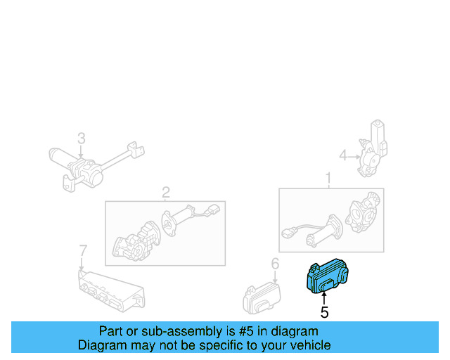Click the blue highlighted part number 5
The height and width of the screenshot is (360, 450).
tap(326, 277)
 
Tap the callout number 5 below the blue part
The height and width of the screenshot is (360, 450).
tap(324, 312)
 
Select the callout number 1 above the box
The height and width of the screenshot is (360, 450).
tap(328, 179)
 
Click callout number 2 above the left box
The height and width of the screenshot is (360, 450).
tap(166, 192)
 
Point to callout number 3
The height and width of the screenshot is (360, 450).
tap(81, 138)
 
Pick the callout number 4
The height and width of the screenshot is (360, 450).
tap(343, 155)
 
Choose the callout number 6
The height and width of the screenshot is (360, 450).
tap(275, 264)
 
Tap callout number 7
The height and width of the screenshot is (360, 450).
tap(82, 250)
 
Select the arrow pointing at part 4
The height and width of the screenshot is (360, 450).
tap(354, 155)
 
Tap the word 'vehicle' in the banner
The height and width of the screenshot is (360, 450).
tap(309, 345)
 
